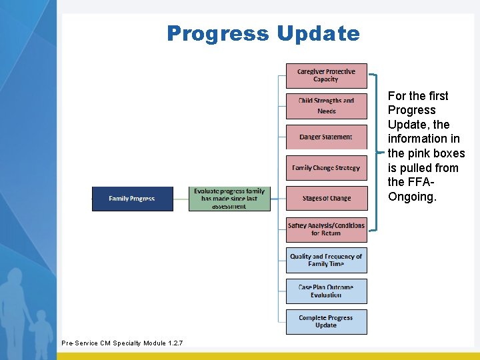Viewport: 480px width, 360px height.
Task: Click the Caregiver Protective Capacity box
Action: coord(326,75)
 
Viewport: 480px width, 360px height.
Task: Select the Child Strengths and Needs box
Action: coord(326,106)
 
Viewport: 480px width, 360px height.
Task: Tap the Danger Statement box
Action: coord(326,137)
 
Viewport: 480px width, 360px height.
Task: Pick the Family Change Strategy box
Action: coord(326,167)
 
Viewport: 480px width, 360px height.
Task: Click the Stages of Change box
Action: coord(326,198)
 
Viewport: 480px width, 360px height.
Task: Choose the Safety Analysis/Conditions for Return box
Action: coord(326,229)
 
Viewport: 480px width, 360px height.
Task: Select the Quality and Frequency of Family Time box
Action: coord(326,260)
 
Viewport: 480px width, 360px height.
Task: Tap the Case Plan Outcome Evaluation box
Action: coord(326,291)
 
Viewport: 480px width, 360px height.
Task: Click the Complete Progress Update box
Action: coord(326,321)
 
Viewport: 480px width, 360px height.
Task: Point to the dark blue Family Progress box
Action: coord(132,199)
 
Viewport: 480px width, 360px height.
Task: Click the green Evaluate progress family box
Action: coord(229,199)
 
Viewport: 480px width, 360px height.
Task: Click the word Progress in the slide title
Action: coord(217,33)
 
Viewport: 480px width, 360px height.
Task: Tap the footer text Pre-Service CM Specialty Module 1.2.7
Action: coord(121,343)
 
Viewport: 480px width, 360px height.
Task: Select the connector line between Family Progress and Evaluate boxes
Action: coord(181,199)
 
